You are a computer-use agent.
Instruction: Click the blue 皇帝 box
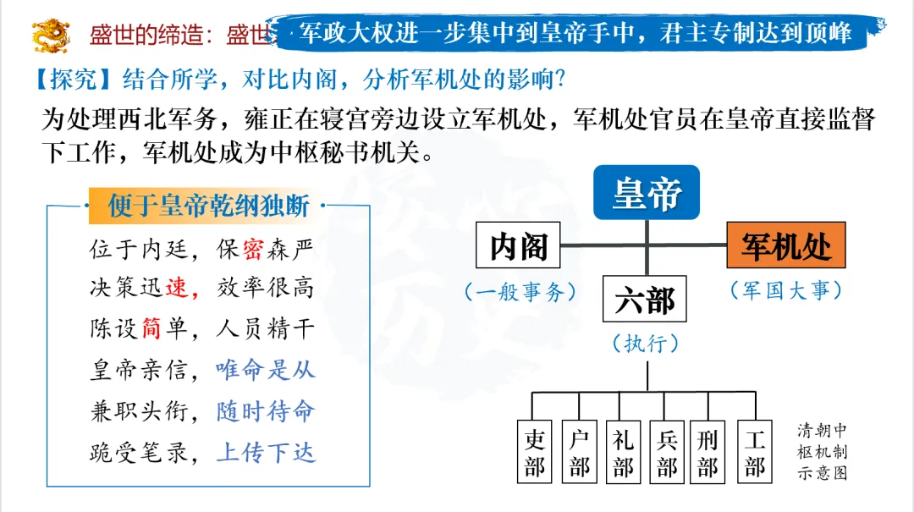647,193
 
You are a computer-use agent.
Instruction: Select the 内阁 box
519,246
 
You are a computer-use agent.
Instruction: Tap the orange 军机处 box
786,246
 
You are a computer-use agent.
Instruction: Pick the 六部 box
646,300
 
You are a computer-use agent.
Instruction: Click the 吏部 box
535,452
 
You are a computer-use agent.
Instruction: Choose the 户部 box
580,452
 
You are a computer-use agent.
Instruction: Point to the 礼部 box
624,452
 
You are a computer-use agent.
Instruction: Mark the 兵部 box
668,452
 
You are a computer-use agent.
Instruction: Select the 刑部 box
709,452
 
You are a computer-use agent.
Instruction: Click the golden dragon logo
51,35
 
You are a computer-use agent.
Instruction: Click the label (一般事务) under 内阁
520,292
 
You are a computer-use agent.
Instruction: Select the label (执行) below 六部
646,344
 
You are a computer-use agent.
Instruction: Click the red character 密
252,250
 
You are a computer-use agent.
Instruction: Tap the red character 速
177,289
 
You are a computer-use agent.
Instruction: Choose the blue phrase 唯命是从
265,369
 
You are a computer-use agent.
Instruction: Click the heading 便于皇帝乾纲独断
208,206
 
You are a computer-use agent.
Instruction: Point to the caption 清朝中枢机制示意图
821,451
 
